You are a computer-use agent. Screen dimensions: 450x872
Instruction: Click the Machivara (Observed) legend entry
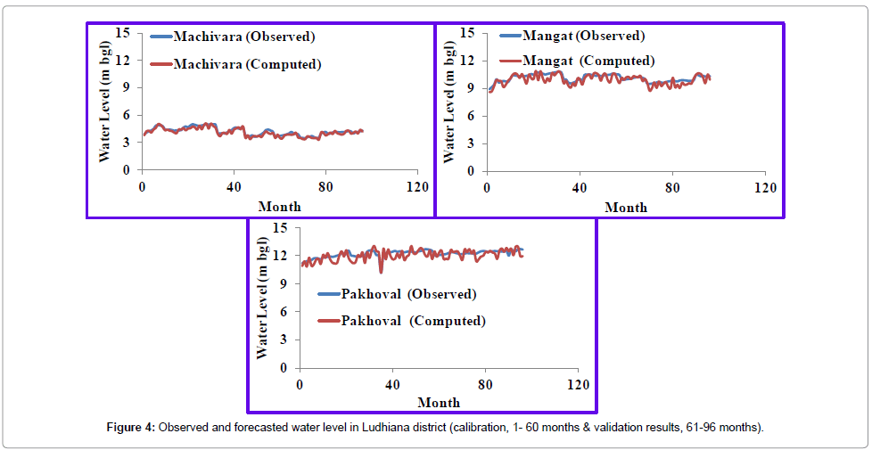243,37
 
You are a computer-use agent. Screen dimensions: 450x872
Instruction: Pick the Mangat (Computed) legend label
589,61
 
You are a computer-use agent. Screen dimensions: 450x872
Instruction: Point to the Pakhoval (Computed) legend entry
413,321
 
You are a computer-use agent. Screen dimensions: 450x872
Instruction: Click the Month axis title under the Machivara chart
279,207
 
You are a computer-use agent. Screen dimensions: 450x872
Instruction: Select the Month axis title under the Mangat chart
626,207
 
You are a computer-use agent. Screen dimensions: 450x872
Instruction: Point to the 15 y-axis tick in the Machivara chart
123,32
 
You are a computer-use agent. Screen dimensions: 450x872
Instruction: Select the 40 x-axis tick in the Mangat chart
580,187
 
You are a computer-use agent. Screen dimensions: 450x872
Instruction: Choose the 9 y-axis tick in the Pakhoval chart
283,283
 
